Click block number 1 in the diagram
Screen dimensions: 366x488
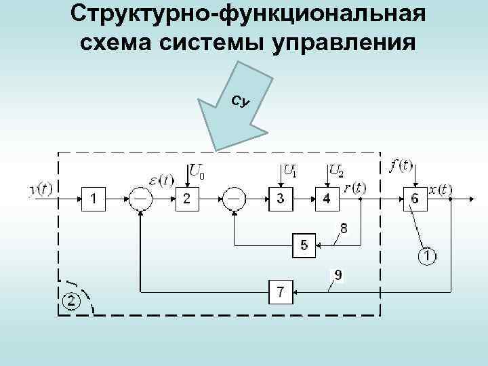click(94, 199)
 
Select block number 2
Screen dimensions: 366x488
click(187, 199)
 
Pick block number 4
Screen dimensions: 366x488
click(327, 199)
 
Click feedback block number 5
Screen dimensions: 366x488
click(304, 245)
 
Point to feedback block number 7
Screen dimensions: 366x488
click(281, 293)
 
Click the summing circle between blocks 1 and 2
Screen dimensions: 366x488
click(140, 199)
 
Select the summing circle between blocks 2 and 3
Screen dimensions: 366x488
click(234, 199)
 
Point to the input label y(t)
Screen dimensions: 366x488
click(42, 189)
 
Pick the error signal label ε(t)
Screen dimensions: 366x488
click(161, 180)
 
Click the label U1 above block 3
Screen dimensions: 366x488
click(289, 171)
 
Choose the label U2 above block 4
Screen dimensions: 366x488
click(335, 171)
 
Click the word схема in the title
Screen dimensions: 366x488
click(116, 43)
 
